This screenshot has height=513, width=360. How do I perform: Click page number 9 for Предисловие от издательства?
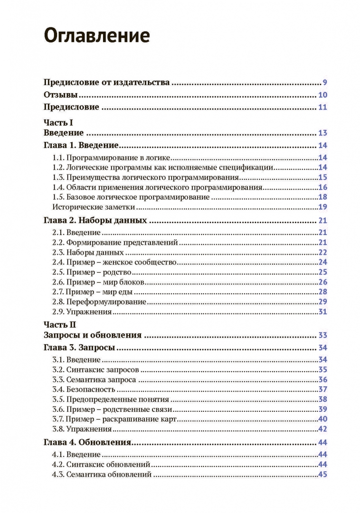point(324,82)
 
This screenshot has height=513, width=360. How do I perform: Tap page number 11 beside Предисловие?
point(322,107)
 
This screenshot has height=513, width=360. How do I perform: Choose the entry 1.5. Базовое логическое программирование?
point(131,197)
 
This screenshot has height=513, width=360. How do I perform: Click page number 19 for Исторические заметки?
point(322,207)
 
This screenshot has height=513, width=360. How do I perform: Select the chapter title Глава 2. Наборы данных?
point(95,221)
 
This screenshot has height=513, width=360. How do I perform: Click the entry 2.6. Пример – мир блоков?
point(99,282)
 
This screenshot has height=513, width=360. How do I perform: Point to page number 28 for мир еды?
point(322,292)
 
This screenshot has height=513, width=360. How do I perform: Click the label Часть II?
point(59,324)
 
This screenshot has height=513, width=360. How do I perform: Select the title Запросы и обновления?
point(93,335)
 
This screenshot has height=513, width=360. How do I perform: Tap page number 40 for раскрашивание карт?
point(322,419)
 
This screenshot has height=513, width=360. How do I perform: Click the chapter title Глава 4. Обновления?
point(87,443)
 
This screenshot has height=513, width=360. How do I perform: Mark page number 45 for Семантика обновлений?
point(322,475)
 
